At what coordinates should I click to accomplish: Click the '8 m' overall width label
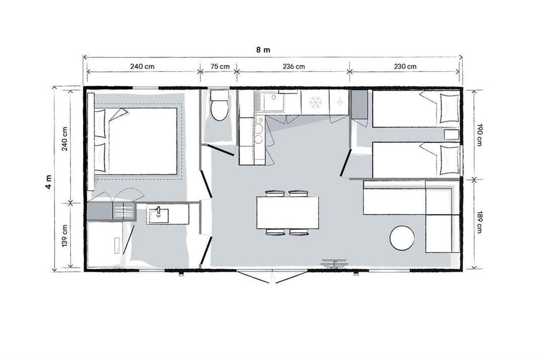tap(263, 50)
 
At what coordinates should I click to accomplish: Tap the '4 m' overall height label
tap(49, 182)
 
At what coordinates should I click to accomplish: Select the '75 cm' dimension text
tap(220, 66)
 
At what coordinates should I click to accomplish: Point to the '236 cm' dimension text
tap(293, 66)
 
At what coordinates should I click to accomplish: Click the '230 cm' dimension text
tap(405, 66)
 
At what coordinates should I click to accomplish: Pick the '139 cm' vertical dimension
tap(65, 236)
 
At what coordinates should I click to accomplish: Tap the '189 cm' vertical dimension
tap(479, 222)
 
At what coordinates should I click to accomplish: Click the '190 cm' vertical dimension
tap(479, 135)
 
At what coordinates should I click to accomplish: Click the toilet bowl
tap(220, 110)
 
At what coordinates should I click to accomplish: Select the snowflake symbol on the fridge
tap(315, 102)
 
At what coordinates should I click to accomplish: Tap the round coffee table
tap(402, 238)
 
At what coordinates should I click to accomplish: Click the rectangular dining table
tap(288, 213)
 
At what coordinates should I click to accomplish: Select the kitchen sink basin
tap(274, 103)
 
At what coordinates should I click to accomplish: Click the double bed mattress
tap(143, 141)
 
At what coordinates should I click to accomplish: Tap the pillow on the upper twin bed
tap(450, 108)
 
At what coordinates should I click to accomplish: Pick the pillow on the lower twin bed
tap(450, 160)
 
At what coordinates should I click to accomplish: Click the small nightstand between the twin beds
tap(451, 135)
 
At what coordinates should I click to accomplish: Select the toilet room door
tap(220, 150)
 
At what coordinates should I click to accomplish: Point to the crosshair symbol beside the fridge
tap(339, 102)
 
